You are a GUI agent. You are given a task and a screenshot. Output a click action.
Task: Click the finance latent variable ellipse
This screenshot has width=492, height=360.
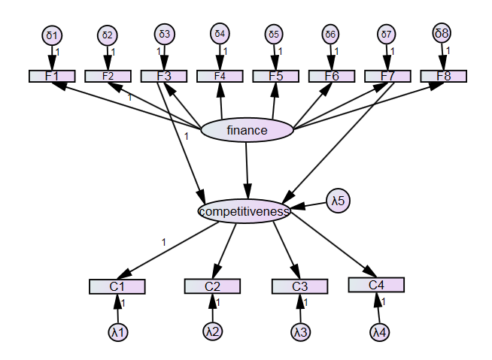(x=247, y=131)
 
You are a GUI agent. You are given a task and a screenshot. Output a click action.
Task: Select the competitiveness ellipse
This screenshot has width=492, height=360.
(x=244, y=211)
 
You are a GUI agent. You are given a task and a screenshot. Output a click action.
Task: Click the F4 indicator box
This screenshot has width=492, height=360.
(x=220, y=76)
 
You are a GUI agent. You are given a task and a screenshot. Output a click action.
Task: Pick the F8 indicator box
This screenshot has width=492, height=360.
(x=443, y=76)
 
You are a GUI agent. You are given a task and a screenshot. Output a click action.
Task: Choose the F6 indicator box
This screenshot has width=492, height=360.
(x=331, y=76)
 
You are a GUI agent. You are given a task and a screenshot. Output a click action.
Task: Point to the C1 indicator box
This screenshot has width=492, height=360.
(x=117, y=286)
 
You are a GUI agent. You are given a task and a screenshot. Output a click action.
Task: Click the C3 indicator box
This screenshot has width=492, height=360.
(x=299, y=286)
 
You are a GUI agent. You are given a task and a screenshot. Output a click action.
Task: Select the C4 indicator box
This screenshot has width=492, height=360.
(x=376, y=285)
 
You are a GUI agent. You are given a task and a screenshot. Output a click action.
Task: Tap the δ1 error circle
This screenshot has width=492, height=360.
(x=52, y=35)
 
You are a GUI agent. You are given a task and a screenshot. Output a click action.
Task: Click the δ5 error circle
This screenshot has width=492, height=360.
(x=275, y=35)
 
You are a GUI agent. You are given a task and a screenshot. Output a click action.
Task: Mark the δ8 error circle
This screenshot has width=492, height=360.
(x=442, y=33)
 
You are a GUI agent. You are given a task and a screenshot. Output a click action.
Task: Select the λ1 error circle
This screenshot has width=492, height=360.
(x=118, y=331)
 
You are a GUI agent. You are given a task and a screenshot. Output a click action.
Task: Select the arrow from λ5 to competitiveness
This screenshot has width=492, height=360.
(x=310, y=205)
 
